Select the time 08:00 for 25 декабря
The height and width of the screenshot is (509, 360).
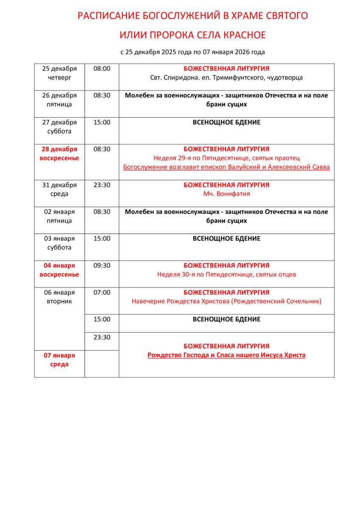(x=102, y=69)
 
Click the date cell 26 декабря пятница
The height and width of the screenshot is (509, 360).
(x=59, y=100)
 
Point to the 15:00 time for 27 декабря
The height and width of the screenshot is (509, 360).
(x=102, y=123)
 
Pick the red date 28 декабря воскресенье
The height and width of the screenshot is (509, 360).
(x=59, y=154)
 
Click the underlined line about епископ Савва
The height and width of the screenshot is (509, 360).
(x=226, y=167)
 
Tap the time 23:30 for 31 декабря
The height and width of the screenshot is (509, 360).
(x=102, y=185)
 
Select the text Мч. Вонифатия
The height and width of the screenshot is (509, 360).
(x=226, y=194)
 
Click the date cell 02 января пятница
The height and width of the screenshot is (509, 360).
(x=59, y=216)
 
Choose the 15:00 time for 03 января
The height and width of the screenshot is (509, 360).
(x=102, y=239)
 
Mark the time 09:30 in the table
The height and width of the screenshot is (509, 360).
(x=102, y=266)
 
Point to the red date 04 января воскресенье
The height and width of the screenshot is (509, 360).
(x=59, y=270)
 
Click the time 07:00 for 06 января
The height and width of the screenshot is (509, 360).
(x=102, y=292)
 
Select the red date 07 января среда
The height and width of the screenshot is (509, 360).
(x=59, y=360)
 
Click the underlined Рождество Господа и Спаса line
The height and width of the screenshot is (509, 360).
(x=226, y=355)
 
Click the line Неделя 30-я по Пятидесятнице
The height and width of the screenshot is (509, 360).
(x=226, y=274)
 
